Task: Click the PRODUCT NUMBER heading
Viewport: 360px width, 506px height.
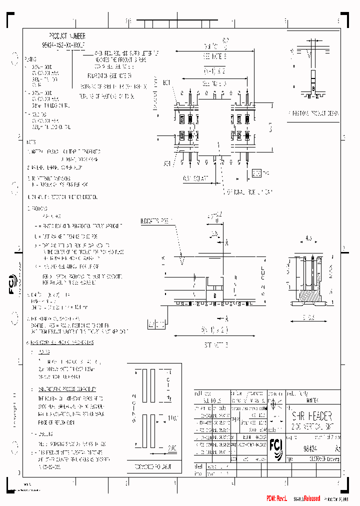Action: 66,36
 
